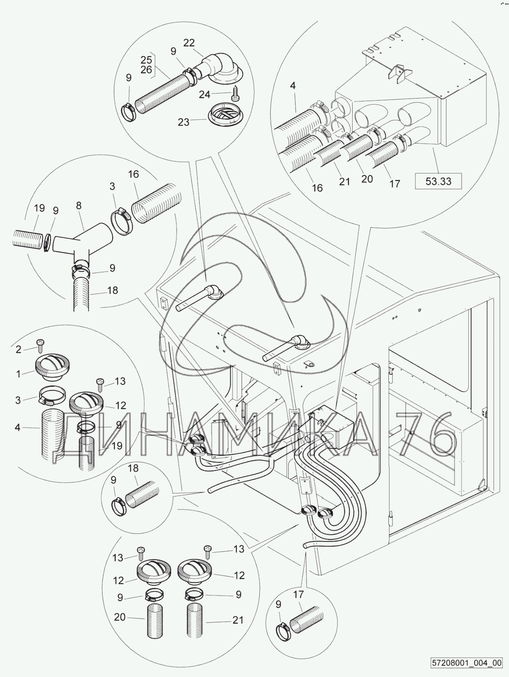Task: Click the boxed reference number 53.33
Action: pyautogui.click(x=439, y=181)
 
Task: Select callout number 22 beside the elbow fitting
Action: pyautogui.click(x=189, y=42)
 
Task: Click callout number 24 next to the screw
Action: pyautogui.click(x=205, y=94)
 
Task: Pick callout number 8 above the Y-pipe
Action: pyautogui.click(x=79, y=205)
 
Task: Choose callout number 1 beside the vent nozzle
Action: pyautogui.click(x=18, y=374)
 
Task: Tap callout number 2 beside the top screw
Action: pyautogui.click(x=18, y=349)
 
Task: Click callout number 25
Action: pyautogui.click(x=146, y=59)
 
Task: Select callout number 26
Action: pyautogui.click(x=146, y=69)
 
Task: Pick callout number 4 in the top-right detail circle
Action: pyautogui.click(x=293, y=86)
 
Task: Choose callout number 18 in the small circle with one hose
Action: pyautogui.click(x=133, y=468)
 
